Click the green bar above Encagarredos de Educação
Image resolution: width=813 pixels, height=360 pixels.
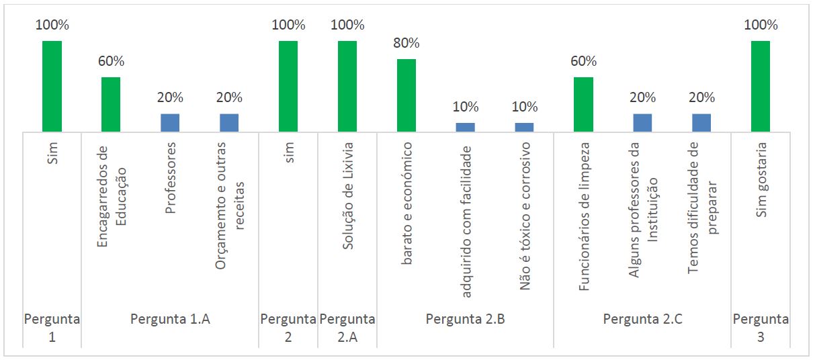111,104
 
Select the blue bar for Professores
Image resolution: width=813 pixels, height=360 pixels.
170,122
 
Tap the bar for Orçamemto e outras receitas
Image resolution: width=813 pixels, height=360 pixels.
229,122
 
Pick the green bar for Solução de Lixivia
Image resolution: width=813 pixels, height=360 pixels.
347,86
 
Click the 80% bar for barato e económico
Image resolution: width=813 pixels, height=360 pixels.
406,95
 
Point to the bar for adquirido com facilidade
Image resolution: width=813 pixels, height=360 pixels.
466,127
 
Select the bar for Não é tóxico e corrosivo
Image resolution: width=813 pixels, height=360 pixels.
525,127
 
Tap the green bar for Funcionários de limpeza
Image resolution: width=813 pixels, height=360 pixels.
583,104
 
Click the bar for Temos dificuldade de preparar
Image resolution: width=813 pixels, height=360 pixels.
701,122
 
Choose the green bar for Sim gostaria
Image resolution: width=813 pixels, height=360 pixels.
761,86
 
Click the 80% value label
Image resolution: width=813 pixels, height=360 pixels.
406,44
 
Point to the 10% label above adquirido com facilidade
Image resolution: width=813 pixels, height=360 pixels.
466,107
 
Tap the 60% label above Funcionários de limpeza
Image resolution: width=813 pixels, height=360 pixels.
583,61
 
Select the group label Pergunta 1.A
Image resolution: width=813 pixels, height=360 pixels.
170,320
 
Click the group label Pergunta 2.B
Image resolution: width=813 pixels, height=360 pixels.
466,320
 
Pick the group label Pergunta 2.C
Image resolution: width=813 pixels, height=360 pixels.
642,320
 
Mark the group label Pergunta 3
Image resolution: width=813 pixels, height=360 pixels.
761,328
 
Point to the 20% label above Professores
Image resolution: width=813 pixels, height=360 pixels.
170,97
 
